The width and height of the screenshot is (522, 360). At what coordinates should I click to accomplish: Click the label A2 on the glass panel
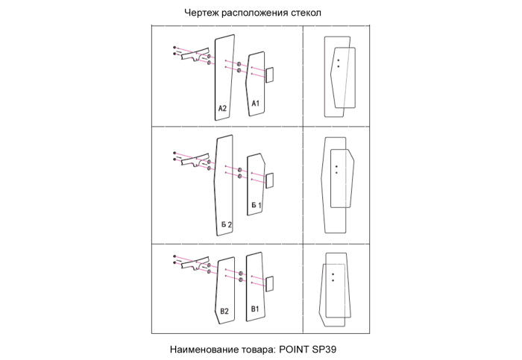pos(222,109)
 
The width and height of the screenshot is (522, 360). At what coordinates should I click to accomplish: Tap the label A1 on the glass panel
pos(255,102)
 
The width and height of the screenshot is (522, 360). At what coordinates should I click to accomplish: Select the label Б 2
pos(227,224)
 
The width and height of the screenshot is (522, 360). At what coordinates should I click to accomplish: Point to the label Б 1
pos(256,204)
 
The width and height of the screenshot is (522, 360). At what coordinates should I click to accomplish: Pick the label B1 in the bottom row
pos(254,308)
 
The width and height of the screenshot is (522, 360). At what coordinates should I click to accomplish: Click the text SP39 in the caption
pos(332,348)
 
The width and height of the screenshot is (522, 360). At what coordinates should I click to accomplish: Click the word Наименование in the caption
pos(203,348)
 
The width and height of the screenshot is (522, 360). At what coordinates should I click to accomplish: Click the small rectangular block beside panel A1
pos(269,74)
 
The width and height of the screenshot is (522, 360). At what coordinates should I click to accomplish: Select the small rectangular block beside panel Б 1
pos(269,180)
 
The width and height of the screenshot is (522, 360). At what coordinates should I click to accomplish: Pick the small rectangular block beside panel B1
pos(269,283)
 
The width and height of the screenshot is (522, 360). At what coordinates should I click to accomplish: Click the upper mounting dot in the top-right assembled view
pos(338,60)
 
